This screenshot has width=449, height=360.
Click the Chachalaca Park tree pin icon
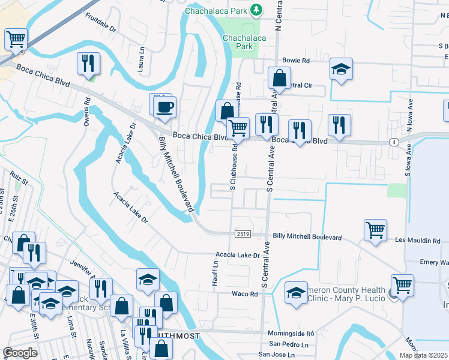click(256, 10)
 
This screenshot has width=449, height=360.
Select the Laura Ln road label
click(142, 60)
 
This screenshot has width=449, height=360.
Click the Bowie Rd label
click(297, 61)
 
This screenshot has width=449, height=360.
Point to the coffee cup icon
click(164, 107)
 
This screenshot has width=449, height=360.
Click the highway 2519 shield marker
click(243, 234)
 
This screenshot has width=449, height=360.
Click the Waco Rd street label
click(245, 294)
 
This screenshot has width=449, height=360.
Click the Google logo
click(20, 353)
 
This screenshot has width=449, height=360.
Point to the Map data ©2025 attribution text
click(424, 355)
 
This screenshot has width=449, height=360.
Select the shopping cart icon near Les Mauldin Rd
click(375, 230)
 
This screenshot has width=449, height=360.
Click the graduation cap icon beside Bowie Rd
click(341, 70)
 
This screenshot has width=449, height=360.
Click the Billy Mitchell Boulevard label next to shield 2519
click(307, 238)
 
